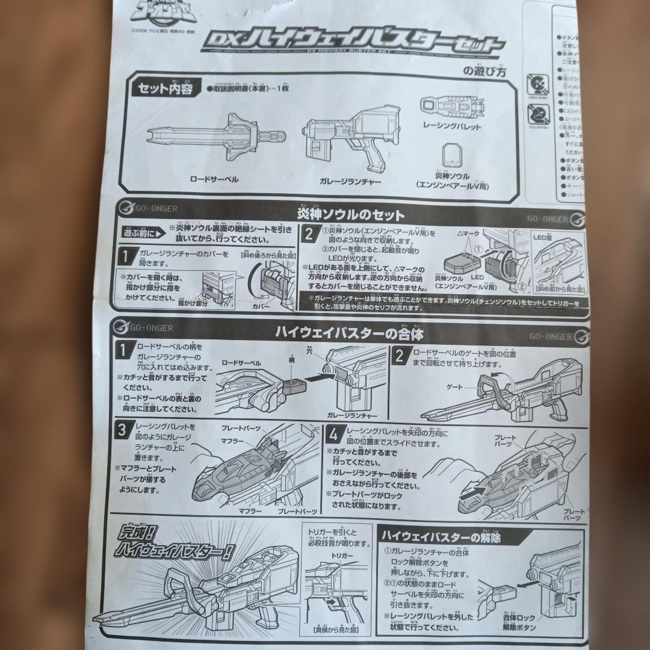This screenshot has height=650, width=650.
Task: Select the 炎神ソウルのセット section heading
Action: click(351, 215)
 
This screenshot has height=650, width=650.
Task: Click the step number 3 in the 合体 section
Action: click(122, 430)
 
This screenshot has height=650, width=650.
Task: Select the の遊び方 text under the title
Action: click(484, 70)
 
